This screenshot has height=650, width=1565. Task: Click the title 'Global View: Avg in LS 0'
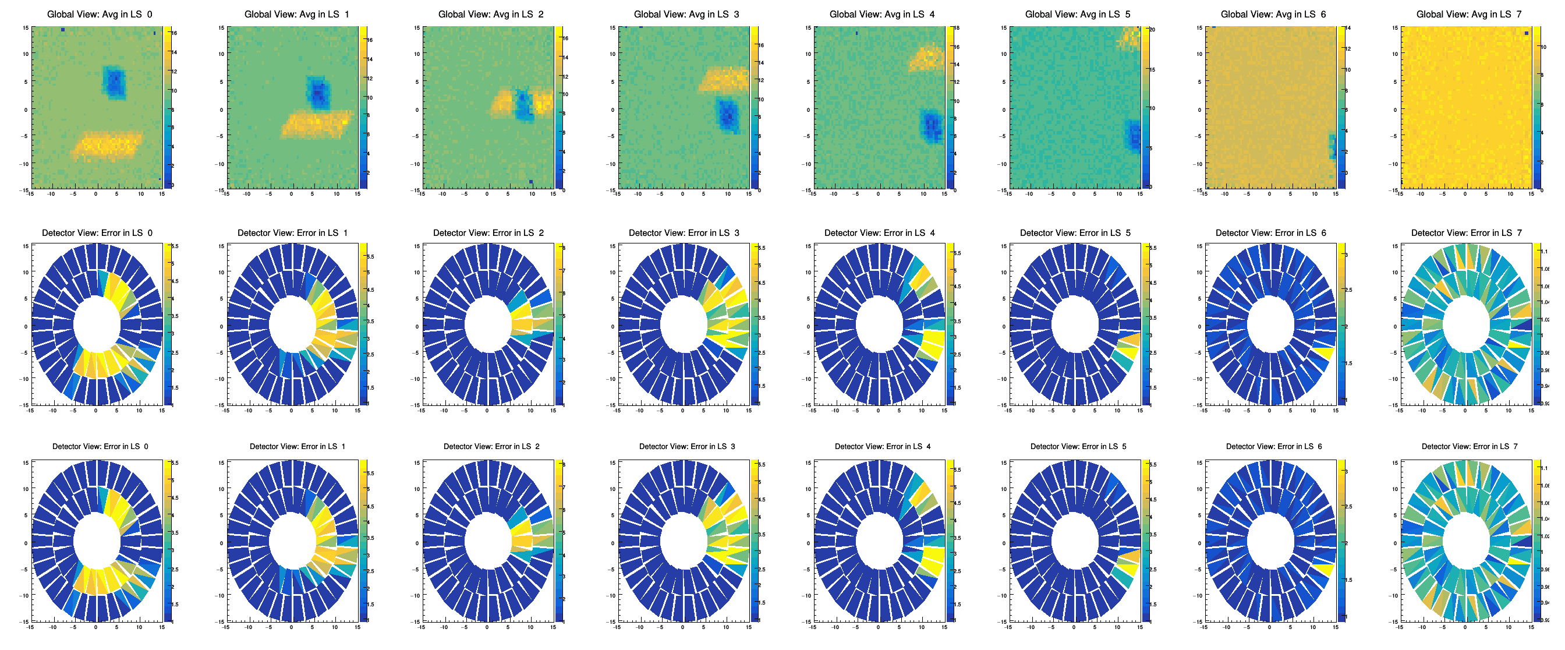100,14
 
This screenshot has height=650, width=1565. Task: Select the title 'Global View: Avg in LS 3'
686,14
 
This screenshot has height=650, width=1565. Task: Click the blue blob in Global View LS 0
114,83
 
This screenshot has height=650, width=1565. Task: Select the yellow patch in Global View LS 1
316,124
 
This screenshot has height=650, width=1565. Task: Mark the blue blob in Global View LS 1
318,93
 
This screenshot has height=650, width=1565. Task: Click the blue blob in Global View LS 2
523,105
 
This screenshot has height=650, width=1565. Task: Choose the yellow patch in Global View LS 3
724,80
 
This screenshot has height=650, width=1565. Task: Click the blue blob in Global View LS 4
932,126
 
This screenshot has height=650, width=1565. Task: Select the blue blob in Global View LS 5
1134,135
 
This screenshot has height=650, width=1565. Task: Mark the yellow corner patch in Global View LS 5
1130,38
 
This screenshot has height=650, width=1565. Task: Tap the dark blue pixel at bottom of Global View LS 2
531,182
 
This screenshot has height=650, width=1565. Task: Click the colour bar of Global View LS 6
1340,108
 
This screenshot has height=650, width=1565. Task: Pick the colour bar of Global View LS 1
363,108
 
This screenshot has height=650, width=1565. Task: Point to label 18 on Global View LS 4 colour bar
956,29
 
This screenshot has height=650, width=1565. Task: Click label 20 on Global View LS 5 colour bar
1152,29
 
